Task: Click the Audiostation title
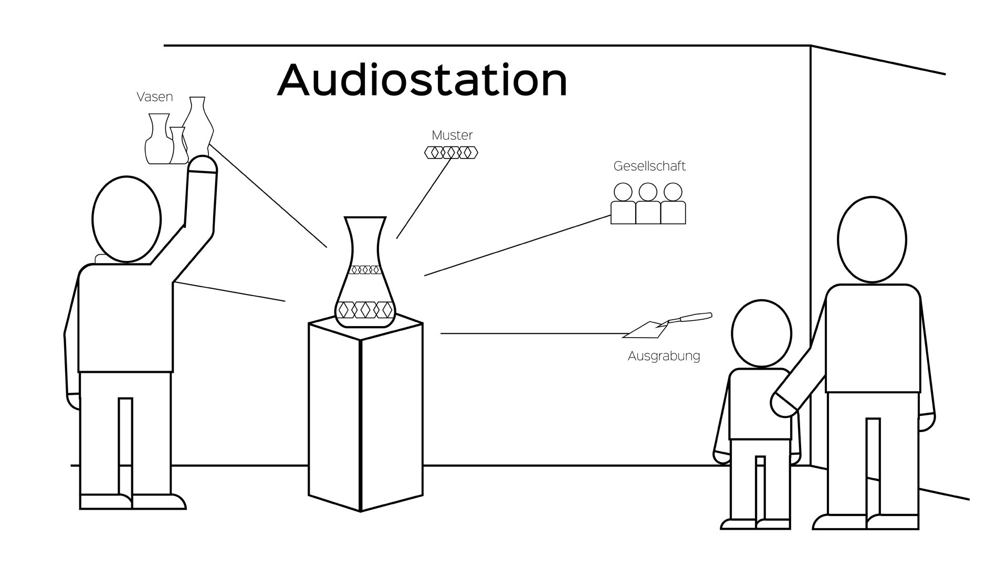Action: (422, 80)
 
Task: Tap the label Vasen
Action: (154, 97)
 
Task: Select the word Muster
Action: (452, 135)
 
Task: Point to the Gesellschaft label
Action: (649, 166)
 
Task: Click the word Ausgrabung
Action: (664, 356)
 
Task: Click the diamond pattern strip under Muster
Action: (451, 153)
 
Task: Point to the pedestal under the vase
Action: (365, 415)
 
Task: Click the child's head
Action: (761, 333)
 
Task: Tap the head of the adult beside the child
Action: (871, 239)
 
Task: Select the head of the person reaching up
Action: (127, 219)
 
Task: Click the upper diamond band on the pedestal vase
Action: (365, 270)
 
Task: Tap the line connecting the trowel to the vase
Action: (530, 333)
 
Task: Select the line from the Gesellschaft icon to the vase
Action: (517, 246)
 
